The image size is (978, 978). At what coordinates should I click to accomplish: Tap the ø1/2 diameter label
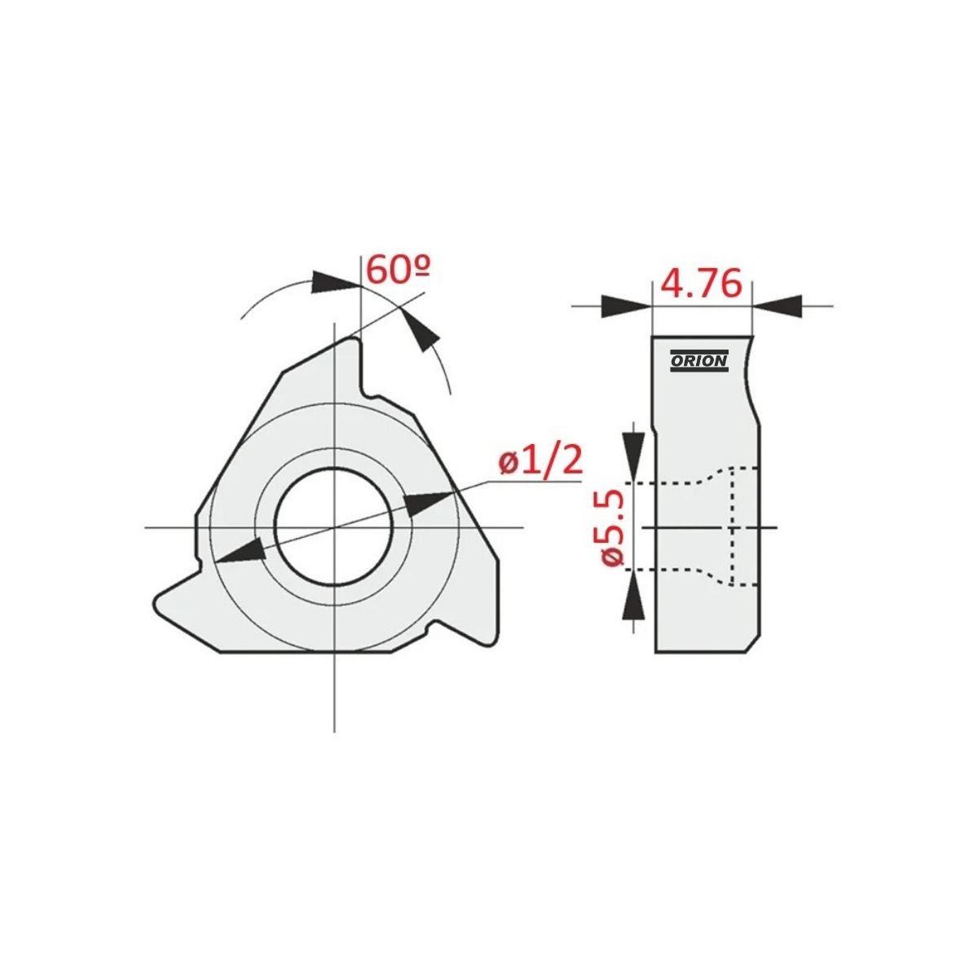click(x=539, y=460)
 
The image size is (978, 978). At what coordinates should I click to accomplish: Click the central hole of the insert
click(x=334, y=528)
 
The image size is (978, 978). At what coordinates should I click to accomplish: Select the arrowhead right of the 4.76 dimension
click(x=777, y=306)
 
